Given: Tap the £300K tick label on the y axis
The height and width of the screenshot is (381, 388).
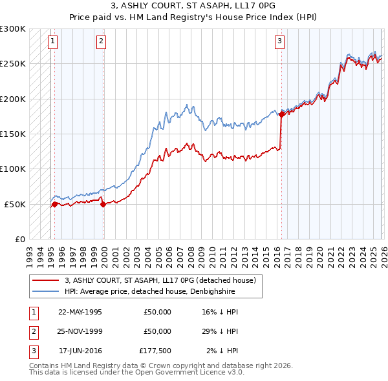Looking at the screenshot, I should click(x=13, y=29).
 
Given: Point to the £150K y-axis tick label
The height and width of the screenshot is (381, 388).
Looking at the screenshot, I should click(x=13, y=134).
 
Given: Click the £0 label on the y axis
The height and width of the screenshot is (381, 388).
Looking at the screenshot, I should click(x=19, y=239).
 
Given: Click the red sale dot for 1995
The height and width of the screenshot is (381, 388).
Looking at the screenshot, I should click(x=54, y=204).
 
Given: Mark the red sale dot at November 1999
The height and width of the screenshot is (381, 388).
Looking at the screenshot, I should click(x=103, y=204).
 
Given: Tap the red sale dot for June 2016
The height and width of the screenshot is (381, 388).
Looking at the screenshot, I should click(x=281, y=115).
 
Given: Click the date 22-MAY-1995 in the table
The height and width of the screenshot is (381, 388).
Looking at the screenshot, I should click(x=80, y=312).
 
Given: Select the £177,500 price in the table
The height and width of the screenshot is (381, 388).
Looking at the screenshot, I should click(x=155, y=351).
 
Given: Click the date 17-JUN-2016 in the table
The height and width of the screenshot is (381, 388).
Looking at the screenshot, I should click(x=80, y=351).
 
